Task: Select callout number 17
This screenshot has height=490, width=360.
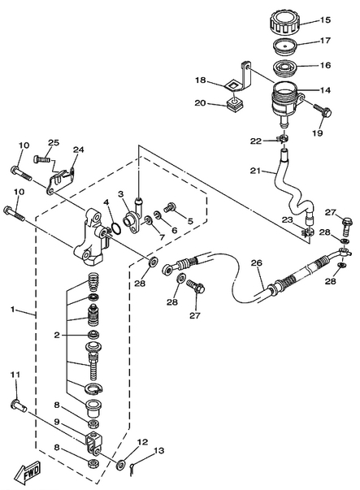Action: pyautogui.click(x=325, y=41)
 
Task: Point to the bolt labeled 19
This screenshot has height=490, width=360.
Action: pyautogui.click(x=322, y=111)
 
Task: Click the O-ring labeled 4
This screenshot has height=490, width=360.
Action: pyautogui.click(x=116, y=228)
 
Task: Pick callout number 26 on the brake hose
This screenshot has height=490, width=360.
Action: pyautogui.click(x=257, y=263)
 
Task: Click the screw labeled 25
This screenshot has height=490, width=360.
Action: pyautogui.click(x=41, y=160)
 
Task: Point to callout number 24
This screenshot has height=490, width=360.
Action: pyautogui.click(x=79, y=150)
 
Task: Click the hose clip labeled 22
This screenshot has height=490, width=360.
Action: pyautogui.click(x=283, y=138)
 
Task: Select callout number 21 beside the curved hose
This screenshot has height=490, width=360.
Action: pyautogui.click(x=255, y=171)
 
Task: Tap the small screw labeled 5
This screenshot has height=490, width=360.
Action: pyautogui.click(x=170, y=208)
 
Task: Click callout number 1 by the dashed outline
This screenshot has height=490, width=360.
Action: pyautogui.click(x=12, y=310)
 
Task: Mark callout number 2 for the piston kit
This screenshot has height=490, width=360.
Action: pyautogui.click(x=57, y=336)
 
